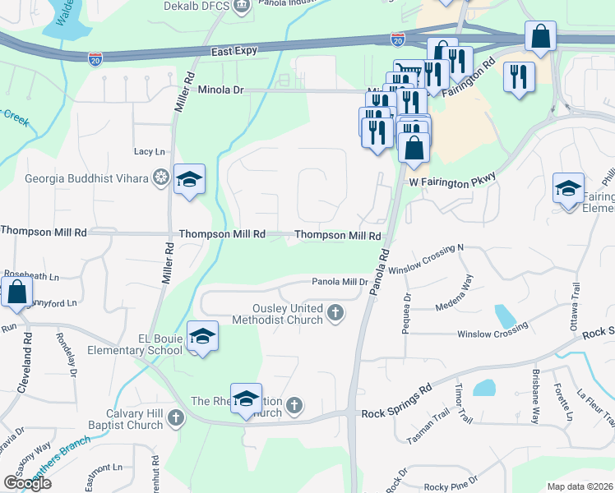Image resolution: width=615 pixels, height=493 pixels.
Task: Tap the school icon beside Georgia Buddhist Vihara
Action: (189, 180)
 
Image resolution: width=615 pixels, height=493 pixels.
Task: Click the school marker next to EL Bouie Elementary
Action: (203, 336)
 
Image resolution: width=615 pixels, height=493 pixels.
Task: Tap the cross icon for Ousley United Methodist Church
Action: (335, 312)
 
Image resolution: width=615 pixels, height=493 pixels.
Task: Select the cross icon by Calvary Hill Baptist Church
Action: (174, 419)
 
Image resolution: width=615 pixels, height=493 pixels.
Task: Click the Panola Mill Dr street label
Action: (340, 282)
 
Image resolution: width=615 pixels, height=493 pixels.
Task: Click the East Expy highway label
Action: (234, 51)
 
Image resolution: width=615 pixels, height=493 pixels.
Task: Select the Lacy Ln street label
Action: (150, 152)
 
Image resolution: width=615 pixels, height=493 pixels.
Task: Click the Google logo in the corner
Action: (27, 483)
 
